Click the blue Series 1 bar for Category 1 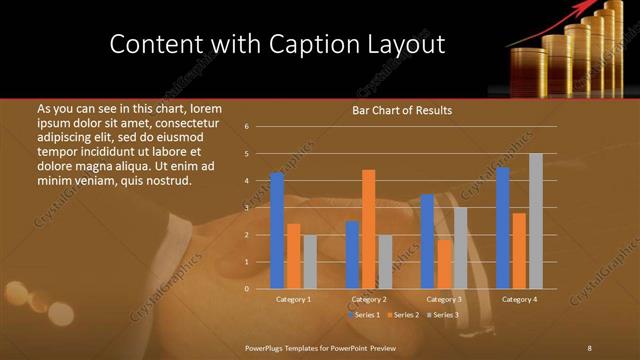[x=277, y=231]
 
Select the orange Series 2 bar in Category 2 [x=369, y=229]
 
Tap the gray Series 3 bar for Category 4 [x=536, y=221]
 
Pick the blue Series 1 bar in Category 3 [x=427, y=241]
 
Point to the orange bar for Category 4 [x=519, y=251]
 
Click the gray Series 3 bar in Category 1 [x=310, y=262]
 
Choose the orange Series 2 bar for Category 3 [x=444, y=264]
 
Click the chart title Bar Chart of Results [x=402, y=111]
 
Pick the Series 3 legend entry [x=445, y=315]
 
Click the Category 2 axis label [x=369, y=299]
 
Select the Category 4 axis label [x=519, y=299]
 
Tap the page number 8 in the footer [x=589, y=347]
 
